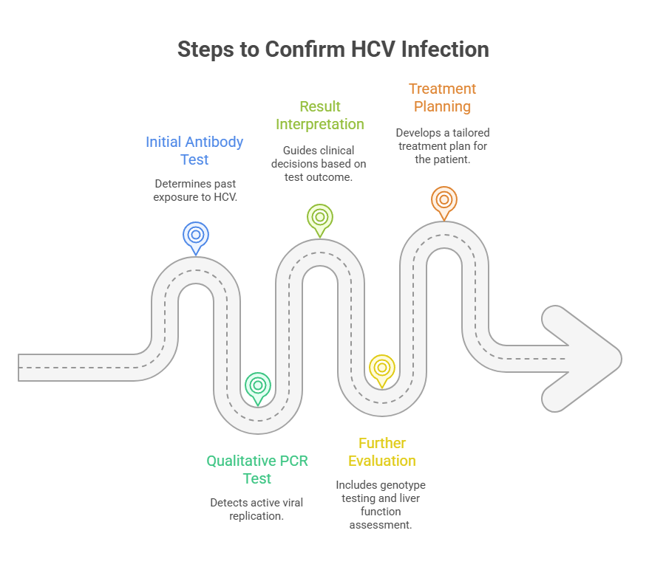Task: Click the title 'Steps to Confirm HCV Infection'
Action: [x=333, y=49]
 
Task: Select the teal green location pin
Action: [x=258, y=386]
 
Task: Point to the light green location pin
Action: [x=320, y=218]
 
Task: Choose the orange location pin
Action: [x=444, y=200]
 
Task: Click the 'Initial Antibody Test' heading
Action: [x=194, y=151]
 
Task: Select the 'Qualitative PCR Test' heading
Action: [x=257, y=470]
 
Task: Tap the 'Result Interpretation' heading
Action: [x=320, y=115]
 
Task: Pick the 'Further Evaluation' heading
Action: [x=382, y=452]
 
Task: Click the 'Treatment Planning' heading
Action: [x=443, y=97]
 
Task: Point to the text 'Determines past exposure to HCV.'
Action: [x=195, y=190]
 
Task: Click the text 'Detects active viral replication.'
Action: [x=256, y=509]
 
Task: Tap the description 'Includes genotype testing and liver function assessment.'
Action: [x=381, y=505]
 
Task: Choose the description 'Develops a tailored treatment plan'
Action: [x=443, y=145]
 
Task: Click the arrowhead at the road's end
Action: [x=588, y=358]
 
